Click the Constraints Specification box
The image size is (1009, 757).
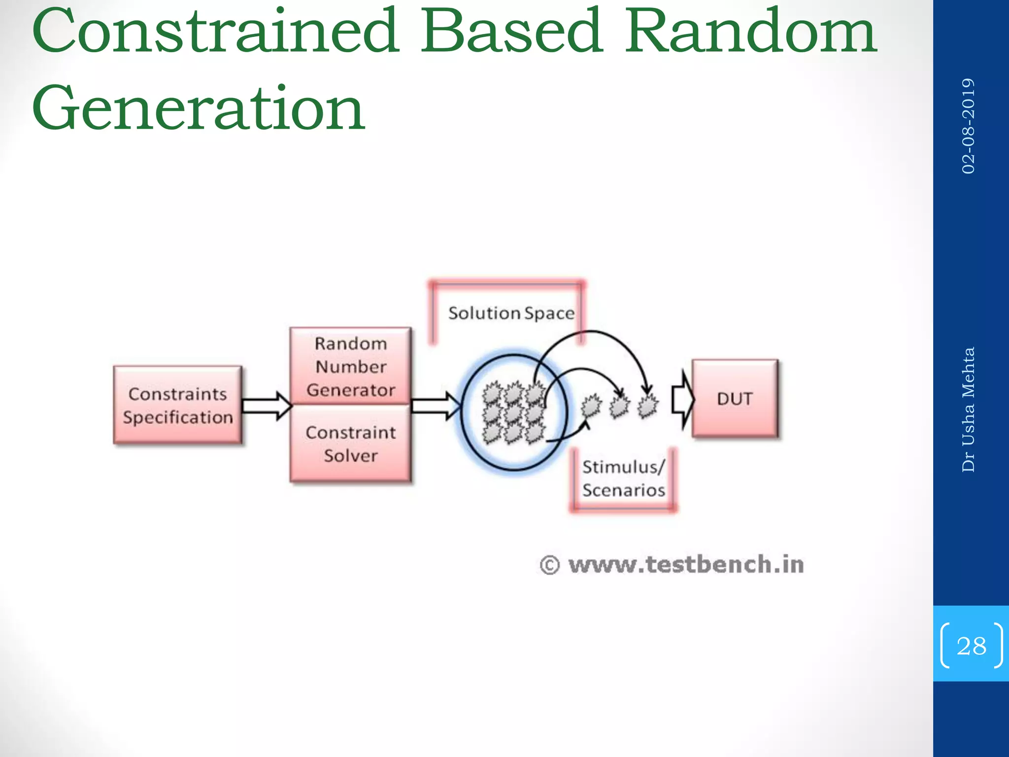point(177,405)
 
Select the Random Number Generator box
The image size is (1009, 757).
point(350,366)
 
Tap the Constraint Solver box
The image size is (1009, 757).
point(350,444)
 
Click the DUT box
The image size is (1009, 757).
point(735,398)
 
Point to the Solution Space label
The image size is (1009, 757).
point(511,313)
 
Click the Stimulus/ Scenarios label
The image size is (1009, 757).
point(623,478)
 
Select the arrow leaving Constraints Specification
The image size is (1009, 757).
point(267,406)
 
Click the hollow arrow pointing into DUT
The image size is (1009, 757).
point(683,400)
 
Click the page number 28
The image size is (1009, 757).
point(971,646)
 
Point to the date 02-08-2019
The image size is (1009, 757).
point(968,126)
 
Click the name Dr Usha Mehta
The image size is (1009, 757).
point(968,409)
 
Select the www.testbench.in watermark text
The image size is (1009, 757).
point(686,564)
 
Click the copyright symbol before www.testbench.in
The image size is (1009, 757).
point(550,565)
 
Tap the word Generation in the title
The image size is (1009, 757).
point(199,108)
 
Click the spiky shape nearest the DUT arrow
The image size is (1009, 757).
point(647,406)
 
